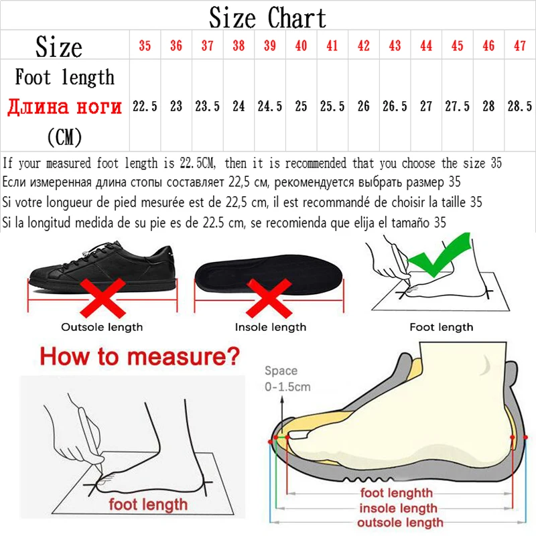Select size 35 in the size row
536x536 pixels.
(145, 46)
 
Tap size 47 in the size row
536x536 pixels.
(520, 46)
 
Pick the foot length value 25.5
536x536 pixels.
(332, 106)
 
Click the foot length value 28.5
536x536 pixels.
(520, 106)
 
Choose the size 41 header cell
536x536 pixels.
(332, 46)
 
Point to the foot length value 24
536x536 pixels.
(239, 106)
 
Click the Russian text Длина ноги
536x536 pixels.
(65, 107)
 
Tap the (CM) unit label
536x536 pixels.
(64, 137)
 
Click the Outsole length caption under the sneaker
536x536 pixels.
(102, 328)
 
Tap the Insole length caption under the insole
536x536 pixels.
(270, 328)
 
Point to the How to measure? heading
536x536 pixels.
(139, 355)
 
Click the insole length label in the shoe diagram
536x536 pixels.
(398, 509)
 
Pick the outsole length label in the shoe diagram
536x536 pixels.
(400, 523)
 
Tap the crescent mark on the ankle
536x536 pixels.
(485, 365)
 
